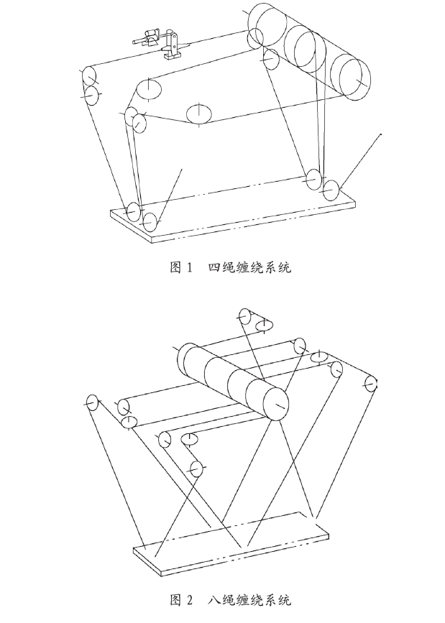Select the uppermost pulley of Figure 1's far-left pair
tap(88, 75)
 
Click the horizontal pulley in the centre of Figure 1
tap(199, 113)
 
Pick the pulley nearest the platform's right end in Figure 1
tap(331, 190)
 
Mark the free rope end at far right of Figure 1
tap(380, 134)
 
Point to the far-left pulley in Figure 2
tap(92, 403)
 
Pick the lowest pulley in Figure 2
tap(196, 469)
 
